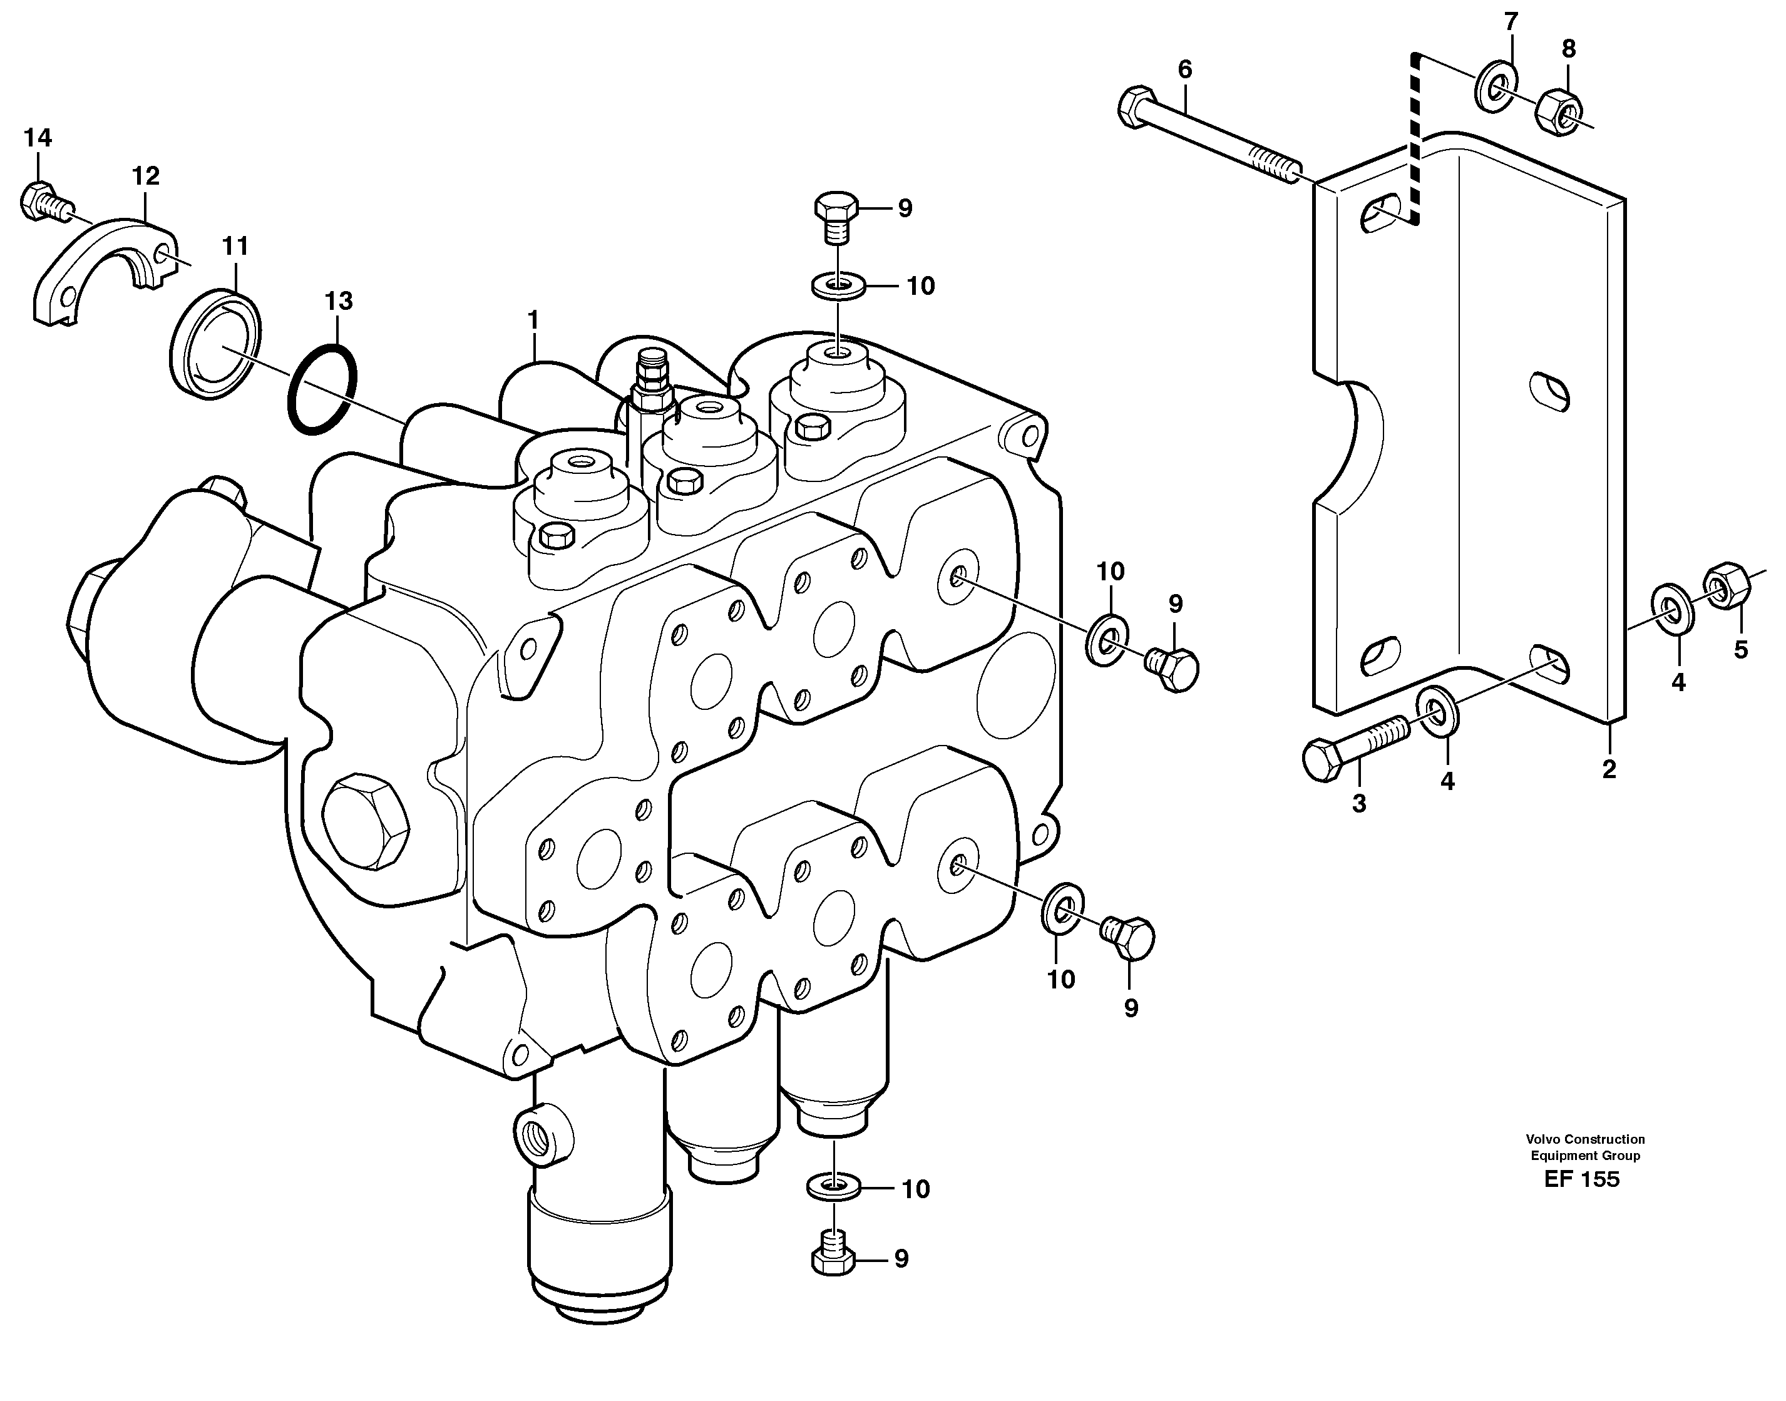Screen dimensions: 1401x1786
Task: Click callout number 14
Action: pos(38,138)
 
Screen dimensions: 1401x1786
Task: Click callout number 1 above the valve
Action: pos(533,320)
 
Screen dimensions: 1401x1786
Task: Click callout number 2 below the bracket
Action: pos(1609,769)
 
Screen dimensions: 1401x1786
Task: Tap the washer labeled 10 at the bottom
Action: pos(833,1187)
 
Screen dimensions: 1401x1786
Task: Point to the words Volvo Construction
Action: pos(1585,1139)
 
